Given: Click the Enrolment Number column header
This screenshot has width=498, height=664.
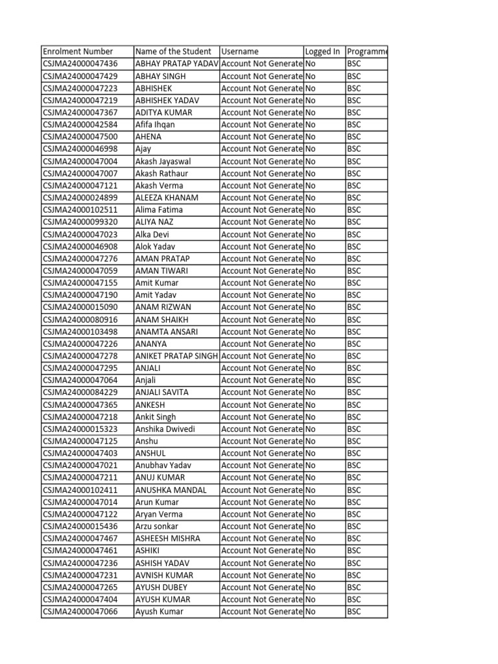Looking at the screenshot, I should (78, 51).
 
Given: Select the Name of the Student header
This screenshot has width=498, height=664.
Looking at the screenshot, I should (173, 51).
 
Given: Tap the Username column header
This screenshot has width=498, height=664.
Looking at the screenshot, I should (240, 51).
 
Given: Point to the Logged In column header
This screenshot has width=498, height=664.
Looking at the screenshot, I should (322, 51).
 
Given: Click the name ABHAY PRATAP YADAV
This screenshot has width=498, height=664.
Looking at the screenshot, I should (176, 64).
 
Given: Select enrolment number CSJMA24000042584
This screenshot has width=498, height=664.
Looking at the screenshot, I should (80, 124).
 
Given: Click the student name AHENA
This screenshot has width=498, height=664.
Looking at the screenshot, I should (148, 137).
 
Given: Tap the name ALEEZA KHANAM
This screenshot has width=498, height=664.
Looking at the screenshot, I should (167, 198).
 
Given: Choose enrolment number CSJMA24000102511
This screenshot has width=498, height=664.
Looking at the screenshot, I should (80, 209).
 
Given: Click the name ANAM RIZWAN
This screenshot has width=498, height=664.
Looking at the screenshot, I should (163, 307).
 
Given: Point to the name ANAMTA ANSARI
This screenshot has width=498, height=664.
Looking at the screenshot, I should (167, 331).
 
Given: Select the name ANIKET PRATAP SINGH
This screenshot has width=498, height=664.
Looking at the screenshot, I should (176, 356).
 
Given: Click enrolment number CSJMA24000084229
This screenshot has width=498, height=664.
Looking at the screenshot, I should (80, 392).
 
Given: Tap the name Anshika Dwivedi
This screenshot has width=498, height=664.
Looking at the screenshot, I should (165, 429).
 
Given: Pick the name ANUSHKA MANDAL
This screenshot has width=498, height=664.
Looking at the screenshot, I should (170, 490).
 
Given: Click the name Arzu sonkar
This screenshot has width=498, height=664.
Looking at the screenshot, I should (156, 526).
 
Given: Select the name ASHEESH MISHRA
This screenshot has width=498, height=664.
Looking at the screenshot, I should (167, 538).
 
